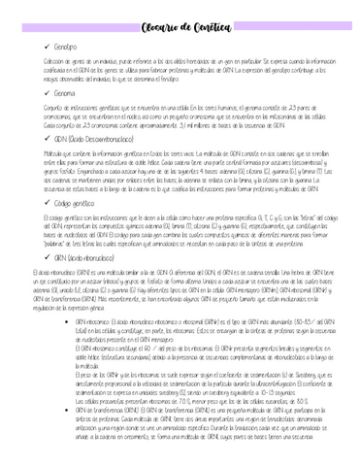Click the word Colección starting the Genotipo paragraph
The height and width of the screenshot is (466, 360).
click(36, 62)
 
